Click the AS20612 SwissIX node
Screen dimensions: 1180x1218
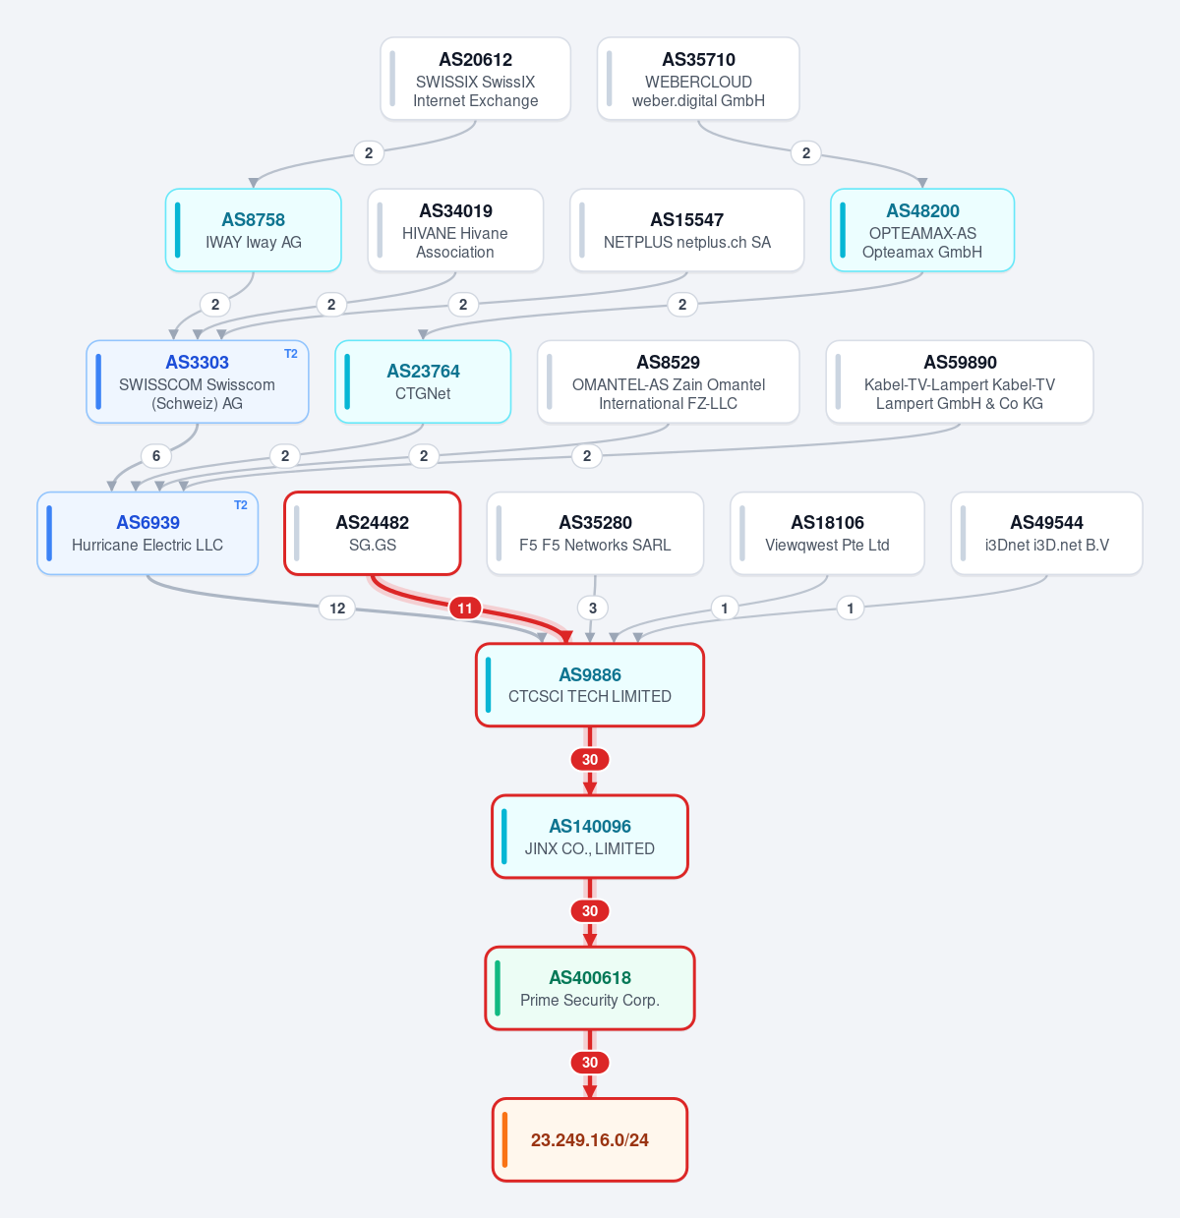[x=475, y=79]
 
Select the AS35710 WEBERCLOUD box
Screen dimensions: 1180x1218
[x=698, y=79]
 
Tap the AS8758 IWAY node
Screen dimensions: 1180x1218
[x=253, y=230]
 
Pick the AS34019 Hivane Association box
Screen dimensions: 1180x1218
[x=455, y=230]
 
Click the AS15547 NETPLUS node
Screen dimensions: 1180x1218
[x=686, y=230]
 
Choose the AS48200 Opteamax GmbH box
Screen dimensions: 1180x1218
[x=922, y=230]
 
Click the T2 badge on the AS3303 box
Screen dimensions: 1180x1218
[x=291, y=354]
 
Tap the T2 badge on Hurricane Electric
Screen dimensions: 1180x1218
[x=241, y=505]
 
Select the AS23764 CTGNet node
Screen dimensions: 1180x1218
[x=423, y=381]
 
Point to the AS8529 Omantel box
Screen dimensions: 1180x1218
[x=668, y=381]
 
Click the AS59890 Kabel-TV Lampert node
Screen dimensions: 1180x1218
[x=960, y=381]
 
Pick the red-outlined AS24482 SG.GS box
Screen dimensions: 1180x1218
[x=373, y=533]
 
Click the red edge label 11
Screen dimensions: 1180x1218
[x=464, y=608]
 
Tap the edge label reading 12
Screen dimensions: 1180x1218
[x=337, y=608]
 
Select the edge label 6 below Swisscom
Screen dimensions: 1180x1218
[x=156, y=456]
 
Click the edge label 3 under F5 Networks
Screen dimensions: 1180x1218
[x=593, y=608]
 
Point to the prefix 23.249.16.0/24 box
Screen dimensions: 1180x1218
[x=590, y=1139]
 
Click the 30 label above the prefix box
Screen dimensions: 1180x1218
[x=590, y=1062]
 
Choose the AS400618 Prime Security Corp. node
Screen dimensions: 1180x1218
[x=590, y=988]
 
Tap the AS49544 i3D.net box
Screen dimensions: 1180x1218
[x=1046, y=533]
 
